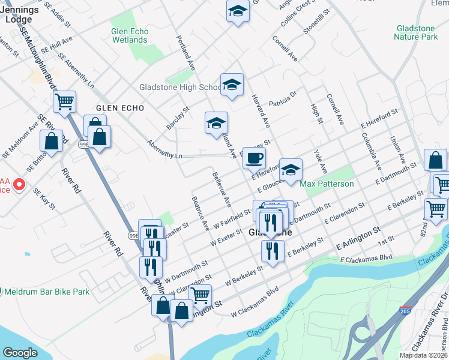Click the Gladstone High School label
(x=180, y=87)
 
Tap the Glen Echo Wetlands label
(x=129, y=35)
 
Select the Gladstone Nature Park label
(x=415, y=32)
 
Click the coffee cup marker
(x=254, y=158)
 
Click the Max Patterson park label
(x=327, y=184)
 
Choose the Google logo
(x=20, y=353)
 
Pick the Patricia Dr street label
(x=283, y=98)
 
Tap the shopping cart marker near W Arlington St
(x=200, y=295)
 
